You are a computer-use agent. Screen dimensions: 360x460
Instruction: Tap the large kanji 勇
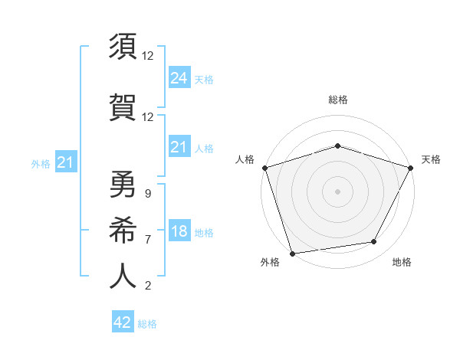pyautogui.click(x=123, y=185)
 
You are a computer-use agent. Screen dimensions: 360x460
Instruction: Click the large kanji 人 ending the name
pyautogui.click(x=123, y=276)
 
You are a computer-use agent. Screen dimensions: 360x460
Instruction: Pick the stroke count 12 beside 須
pyautogui.click(x=148, y=56)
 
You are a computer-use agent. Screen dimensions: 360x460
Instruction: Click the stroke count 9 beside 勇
pyautogui.click(x=147, y=194)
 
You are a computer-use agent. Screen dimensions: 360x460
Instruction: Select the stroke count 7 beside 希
pyautogui.click(x=147, y=240)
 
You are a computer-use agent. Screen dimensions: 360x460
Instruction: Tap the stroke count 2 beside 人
pyautogui.click(x=147, y=286)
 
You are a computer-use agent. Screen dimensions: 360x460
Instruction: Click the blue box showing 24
pyautogui.click(x=179, y=77)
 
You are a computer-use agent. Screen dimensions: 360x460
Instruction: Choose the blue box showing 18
pyautogui.click(x=179, y=232)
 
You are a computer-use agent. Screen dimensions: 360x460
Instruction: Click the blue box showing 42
pyautogui.click(x=123, y=322)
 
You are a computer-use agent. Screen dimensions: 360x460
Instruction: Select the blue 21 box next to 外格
pyautogui.click(x=65, y=162)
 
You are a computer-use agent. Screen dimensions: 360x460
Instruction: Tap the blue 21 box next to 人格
pyautogui.click(x=179, y=147)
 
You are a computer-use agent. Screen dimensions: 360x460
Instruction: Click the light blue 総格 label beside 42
pyautogui.click(x=147, y=324)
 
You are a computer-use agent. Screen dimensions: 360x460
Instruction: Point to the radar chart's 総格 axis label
pyautogui.click(x=337, y=100)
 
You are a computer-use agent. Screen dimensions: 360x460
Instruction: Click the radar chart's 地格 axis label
pyautogui.click(x=402, y=263)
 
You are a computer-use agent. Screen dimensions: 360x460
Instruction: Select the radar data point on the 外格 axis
pyautogui.click(x=292, y=253)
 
